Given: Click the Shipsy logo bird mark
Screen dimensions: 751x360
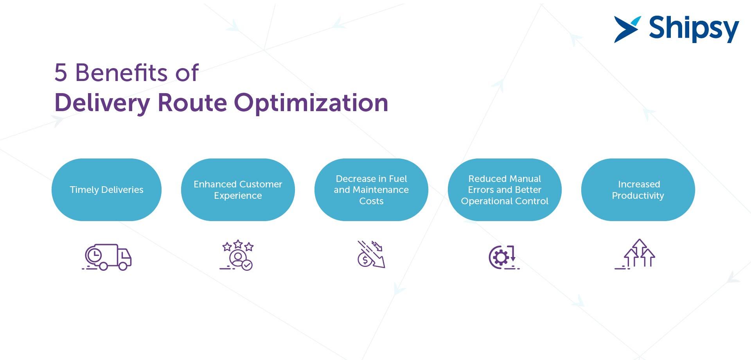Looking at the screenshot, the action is pyautogui.click(x=627, y=29).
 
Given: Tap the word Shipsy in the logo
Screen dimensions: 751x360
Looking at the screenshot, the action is pyautogui.click(x=694, y=29).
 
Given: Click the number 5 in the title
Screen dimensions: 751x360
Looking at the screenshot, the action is pyautogui.click(x=61, y=73).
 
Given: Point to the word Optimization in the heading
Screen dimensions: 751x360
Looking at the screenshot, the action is pyautogui.click(x=311, y=103).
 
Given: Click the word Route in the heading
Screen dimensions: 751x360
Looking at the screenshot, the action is pyautogui.click(x=192, y=103).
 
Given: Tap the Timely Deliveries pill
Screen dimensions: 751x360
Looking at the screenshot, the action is pyautogui.click(x=106, y=190).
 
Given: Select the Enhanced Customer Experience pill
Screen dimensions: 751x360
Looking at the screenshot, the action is pyautogui.click(x=238, y=190).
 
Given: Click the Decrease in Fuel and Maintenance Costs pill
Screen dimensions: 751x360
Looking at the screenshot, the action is pyautogui.click(x=371, y=190).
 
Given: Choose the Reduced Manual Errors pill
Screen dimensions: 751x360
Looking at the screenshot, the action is pyautogui.click(x=505, y=190).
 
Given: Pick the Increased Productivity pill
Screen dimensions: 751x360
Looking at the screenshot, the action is pyautogui.click(x=638, y=190).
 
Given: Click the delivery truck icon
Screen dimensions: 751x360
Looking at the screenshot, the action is pyautogui.click(x=107, y=257).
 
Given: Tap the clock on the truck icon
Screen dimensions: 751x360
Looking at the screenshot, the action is pyautogui.click(x=94, y=256).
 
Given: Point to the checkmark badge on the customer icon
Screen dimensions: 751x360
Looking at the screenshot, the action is pyautogui.click(x=247, y=265).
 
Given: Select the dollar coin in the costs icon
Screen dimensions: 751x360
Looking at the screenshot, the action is pyautogui.click(x=365, y=260).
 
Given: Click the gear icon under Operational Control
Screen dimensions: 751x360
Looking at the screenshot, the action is pyautogui.click(x=501, y=257).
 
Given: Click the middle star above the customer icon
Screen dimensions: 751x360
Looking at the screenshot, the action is pyautogui.click(x=238, y=245).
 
